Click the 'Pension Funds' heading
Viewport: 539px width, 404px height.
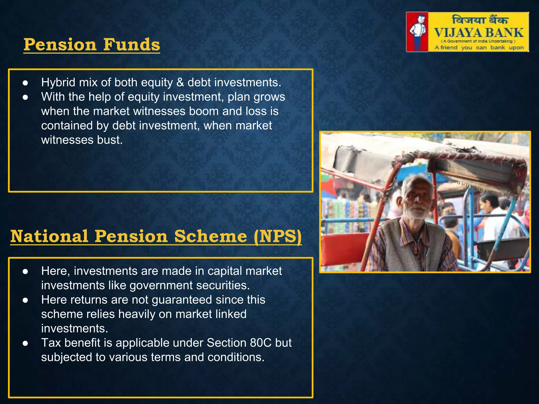(92, 45)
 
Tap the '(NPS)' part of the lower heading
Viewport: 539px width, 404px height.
(278, 236)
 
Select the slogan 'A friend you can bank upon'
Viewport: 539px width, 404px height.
(479, 48)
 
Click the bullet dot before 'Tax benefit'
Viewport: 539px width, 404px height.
(25, 343)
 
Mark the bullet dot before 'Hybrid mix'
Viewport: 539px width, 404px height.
(25, 83)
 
